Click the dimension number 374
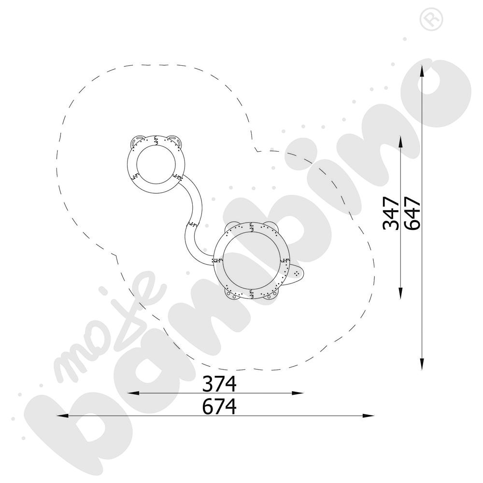click(219, 384)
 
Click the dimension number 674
click(219, 407)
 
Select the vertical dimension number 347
click(391, 213)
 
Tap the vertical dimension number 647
click(412, 213)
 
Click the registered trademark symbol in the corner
click(431, 19)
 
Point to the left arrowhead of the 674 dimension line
click(63, 416)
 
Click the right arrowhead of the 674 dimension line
click(369, 416)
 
